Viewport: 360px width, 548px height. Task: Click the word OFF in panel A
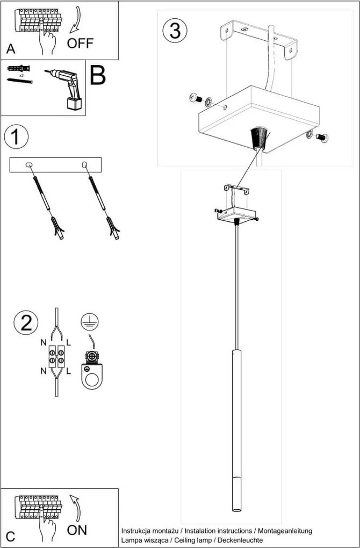click(80, 43)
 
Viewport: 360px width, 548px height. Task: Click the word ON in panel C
click(77, 530)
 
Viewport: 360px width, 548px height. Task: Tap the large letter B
click(98, 76)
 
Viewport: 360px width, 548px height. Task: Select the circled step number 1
click(17, 137)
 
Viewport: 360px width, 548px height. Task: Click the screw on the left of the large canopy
click(195, 98)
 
